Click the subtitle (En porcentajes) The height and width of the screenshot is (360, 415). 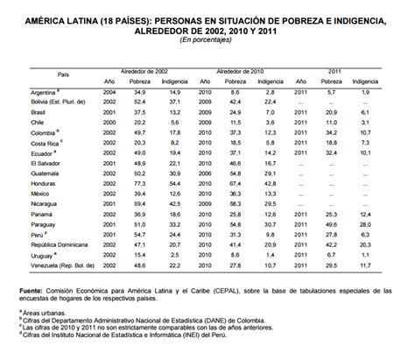[207, 40]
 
